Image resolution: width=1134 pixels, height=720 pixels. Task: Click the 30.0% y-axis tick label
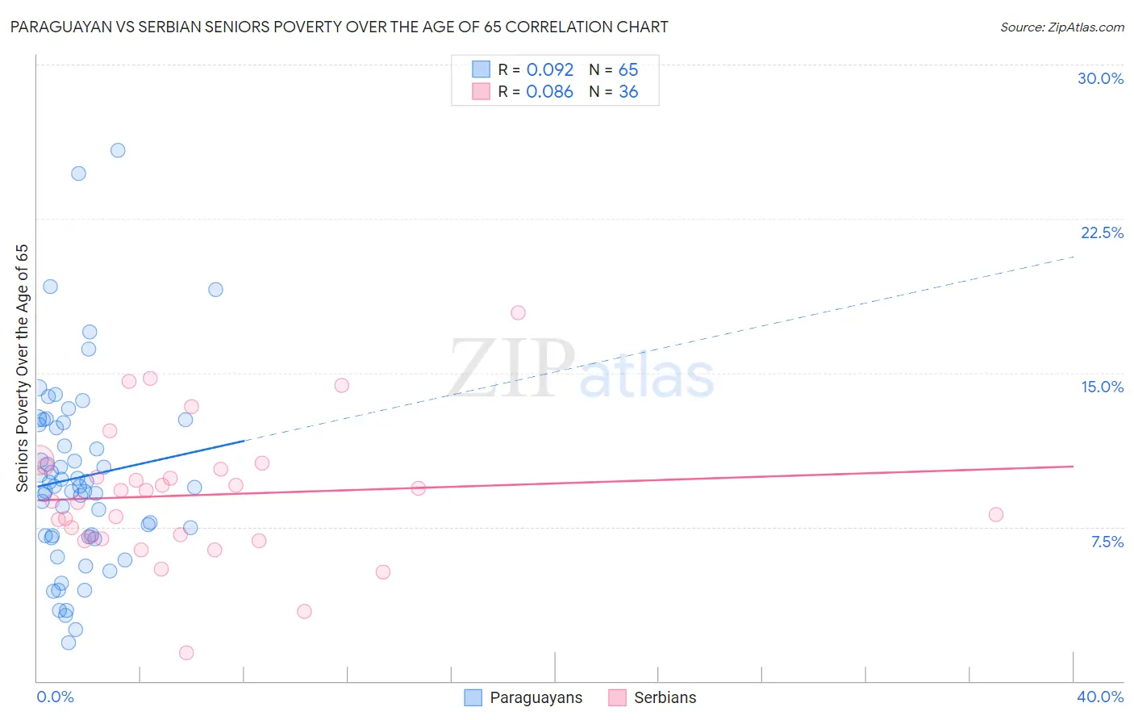1100,78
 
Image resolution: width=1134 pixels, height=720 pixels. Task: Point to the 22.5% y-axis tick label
1102,232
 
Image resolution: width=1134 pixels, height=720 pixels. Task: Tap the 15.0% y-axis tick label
1102,387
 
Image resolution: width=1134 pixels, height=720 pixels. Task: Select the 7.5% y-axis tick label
1107,542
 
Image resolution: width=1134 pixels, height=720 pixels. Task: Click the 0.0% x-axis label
55,697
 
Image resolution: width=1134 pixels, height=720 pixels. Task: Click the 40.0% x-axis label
1100,697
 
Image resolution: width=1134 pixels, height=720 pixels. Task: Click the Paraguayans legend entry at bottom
536,697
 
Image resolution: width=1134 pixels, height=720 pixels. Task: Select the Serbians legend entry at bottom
665,697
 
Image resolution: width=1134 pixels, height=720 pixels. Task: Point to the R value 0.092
549,70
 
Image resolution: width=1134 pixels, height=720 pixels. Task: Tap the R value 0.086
549,92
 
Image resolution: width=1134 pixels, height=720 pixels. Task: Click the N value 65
628,70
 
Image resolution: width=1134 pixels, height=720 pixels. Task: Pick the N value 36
628,92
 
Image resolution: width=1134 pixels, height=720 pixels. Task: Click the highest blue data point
118,150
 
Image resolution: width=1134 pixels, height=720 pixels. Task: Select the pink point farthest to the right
996,515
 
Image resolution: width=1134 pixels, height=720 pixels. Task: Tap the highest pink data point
518,312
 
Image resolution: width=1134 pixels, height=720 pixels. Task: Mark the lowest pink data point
186,652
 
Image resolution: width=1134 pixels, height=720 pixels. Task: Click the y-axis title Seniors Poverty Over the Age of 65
23,368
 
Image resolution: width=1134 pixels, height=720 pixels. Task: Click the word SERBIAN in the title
168,27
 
